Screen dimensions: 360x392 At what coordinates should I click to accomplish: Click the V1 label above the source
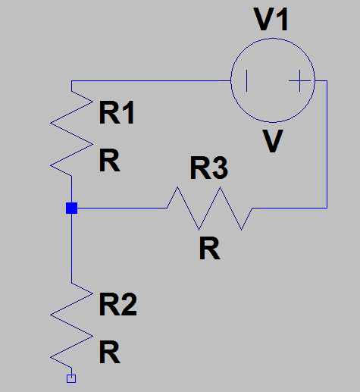(x=271, y=20)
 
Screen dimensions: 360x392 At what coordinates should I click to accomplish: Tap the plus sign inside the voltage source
(x=299, y=81)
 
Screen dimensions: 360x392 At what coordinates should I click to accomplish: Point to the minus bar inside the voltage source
(x=247, y=81)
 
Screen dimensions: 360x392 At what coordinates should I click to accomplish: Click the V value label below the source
(x=273, y=141)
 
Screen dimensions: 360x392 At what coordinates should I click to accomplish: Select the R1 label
(x=117, y=112)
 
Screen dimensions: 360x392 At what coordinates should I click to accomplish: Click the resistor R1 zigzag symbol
(x=71, y=134)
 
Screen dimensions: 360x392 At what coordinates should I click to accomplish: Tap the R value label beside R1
(x=110, y=160)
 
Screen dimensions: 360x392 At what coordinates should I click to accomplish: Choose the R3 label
(x=209, y=168)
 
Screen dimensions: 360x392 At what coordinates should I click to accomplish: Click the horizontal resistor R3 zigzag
(x=209, y=209)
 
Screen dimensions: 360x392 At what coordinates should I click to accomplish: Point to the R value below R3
(x=210, y=248)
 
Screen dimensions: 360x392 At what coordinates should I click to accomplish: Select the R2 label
(x=118, y=304)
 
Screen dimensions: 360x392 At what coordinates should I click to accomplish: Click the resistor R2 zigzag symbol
(x=71, y=326)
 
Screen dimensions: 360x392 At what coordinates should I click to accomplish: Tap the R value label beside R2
(x=110, y=352)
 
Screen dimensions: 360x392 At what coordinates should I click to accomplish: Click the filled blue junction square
(x=71, y=209)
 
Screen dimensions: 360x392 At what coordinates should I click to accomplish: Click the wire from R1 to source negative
(x=151, y=81)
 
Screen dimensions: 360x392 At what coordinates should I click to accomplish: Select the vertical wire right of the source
(x=327, y=144)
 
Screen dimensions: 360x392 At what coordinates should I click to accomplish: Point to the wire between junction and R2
(x=71, y=249)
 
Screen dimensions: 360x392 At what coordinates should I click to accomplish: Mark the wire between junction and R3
(x=122, y=208)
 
